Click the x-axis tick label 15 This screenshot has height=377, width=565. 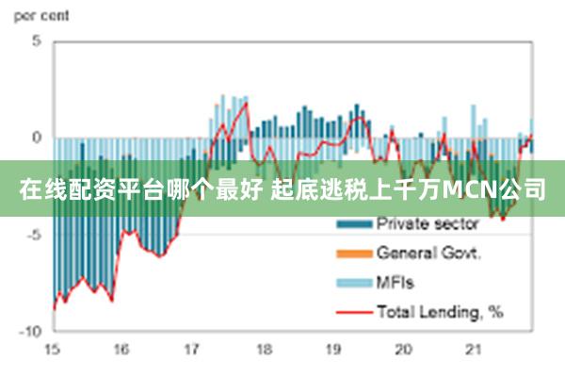[x=52, y=350]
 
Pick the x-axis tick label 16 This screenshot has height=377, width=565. [x=121, y=350]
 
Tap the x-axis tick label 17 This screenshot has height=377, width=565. [x=192, y=350]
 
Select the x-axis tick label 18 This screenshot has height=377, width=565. [x=263, y=350]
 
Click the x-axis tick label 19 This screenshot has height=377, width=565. [x=333, y=350]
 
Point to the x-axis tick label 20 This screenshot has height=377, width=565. [x=403, y=350]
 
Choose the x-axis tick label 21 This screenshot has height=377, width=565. [x=474, y=350]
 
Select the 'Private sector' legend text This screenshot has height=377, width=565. [x=428, y=224]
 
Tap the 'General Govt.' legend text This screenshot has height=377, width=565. [x=429, y=253]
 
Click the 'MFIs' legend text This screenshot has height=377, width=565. [x=395, y=281]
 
